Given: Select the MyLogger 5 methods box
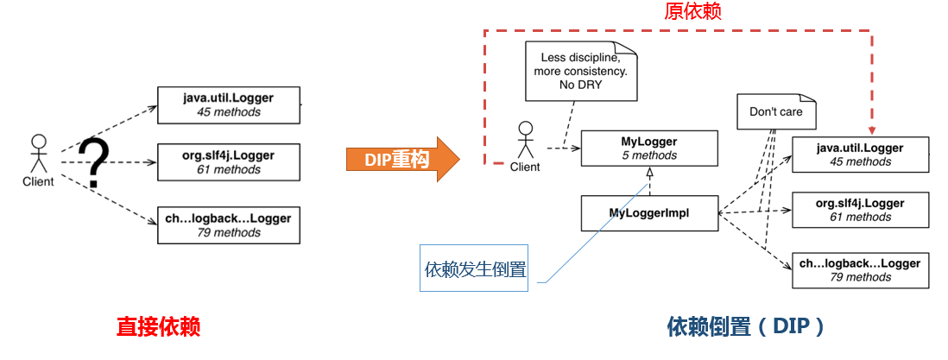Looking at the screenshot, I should pyautogui.click(x=649, y=148).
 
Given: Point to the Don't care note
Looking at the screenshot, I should pyautogui.click(x=775, y=111).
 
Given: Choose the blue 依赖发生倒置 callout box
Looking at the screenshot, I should pyautogui.click(x=474, y=268).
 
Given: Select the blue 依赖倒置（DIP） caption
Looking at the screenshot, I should pyautogui.click(x=746, y=326).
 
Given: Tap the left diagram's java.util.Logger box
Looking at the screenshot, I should pyautogui.click(x=228, y=104).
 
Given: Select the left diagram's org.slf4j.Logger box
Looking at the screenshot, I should pyautogui.click(x=228, y=162).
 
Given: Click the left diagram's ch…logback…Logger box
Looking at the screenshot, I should pyautogui.click(x=228, y=224).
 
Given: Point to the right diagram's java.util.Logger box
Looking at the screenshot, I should pyautogui.click(x=860, y=155).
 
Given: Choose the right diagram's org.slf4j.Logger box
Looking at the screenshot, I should pyautogui.click(x=860, y=210).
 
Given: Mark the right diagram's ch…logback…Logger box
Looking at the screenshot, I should pyautogui.click(x=860, y=270).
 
